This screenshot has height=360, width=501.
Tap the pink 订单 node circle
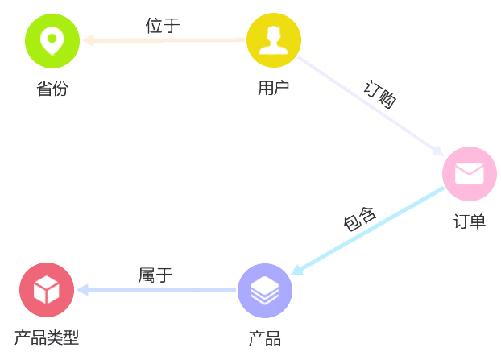click(470, 174)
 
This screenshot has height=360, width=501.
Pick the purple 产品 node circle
click(265, 290)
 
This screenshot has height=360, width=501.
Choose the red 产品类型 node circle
click(47, 290)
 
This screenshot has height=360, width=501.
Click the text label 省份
click(52, 89)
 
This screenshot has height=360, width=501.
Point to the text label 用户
click(274, 89)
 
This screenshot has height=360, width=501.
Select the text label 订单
click(470, 221)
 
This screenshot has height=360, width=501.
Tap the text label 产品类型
click(47, 338)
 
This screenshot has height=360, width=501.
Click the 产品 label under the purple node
click(265, 338)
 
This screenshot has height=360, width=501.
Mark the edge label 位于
click(163, 25)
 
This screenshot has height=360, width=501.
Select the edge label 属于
click(155, 275)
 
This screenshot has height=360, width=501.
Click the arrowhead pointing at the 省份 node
click(88, 40)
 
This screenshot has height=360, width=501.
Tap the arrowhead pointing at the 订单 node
click(438, 151)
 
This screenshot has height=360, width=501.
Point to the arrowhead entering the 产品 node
click(296, 271)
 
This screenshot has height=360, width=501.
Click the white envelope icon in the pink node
click(470, 174)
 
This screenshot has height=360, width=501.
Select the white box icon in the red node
click(47, 290)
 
